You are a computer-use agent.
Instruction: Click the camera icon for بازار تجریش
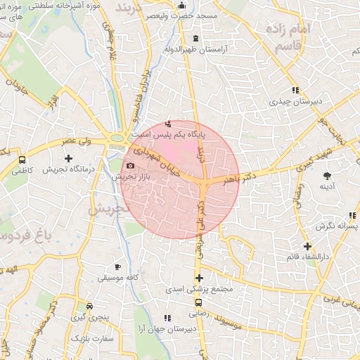point(130,166)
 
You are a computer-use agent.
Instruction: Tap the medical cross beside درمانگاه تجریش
point(68,159)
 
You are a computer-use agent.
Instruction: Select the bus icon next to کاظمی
point(22,160)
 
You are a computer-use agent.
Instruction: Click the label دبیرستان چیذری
point(296,101)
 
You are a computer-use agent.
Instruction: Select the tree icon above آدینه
point(326,175)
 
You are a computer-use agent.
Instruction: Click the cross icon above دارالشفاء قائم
point(307,246)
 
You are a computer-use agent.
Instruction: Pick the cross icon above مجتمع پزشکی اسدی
point(199,278)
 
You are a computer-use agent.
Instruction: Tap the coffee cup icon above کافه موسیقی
point(118,267)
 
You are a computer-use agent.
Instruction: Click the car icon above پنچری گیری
point(89,307)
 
